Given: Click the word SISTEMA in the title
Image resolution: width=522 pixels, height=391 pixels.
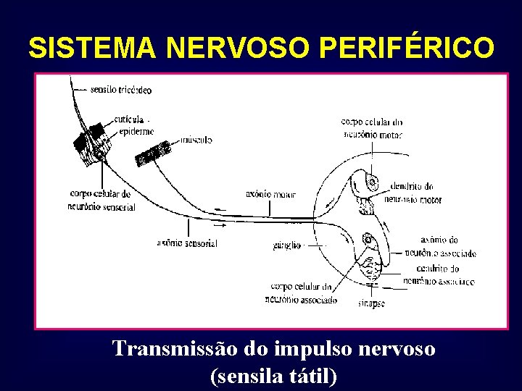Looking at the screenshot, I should [x=92, y=48].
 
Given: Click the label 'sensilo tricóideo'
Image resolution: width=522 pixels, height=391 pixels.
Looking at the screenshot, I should [x=121, y=91].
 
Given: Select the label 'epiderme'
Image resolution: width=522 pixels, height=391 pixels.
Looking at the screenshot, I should [x=136, y=131].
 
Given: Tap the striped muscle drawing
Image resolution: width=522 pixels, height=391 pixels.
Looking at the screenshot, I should [x=154, y=154].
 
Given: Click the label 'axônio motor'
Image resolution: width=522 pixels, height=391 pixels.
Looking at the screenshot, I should [x=270, y=194].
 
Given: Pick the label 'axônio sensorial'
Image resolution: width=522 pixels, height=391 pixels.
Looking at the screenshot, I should [x=186, y=243].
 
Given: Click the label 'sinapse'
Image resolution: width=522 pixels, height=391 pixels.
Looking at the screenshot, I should [x=371, y=303].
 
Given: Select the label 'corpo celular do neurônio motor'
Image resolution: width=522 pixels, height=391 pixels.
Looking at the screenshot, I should [x=372, y=128].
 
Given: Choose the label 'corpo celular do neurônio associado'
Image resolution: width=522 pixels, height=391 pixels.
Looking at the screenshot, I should [x=301, y=293].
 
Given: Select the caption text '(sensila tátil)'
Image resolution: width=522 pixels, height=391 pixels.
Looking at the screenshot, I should [x=273, y=376].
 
